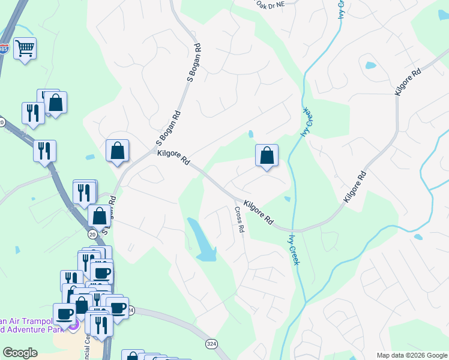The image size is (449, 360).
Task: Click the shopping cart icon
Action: click(25, 48)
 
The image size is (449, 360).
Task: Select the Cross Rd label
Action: click(240, 220)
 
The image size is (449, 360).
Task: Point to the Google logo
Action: click(20, 353)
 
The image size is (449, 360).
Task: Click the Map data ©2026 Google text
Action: click(411, 355)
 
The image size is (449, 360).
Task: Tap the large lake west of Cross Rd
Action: click(202, 240)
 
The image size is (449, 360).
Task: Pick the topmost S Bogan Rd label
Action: click(194, 62)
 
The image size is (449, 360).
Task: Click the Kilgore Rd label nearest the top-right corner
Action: click(409, 82)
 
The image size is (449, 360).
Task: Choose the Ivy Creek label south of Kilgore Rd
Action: click(294, 249)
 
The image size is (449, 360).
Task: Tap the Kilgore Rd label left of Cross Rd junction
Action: click(173, 158)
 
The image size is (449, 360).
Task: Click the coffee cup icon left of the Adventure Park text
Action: click(64, 313)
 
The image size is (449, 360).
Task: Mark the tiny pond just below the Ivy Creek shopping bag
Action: click(288, 199)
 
